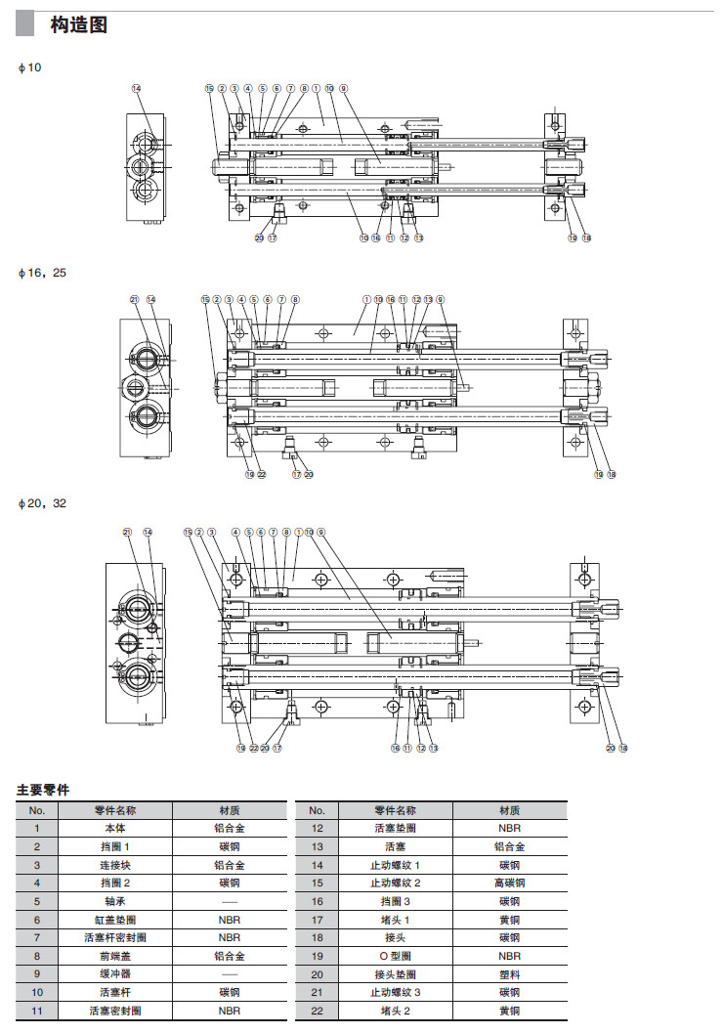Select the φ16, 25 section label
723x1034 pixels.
[x=43, y=274]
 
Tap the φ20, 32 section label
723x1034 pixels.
[x=43, y=503]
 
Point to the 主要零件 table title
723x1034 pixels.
[x=43, y=789]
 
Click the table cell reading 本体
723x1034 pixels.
[x=115, y=828]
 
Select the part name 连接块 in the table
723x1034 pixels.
[x=115, y=865]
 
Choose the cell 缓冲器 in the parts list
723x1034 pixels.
[x=115, y=975]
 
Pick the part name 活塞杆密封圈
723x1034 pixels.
[x=115, y=938]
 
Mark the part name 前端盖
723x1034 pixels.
[x=115, y=957]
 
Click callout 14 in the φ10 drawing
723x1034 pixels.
[x=136, y=88]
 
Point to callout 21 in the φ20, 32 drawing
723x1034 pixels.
[x=128, y=533]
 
